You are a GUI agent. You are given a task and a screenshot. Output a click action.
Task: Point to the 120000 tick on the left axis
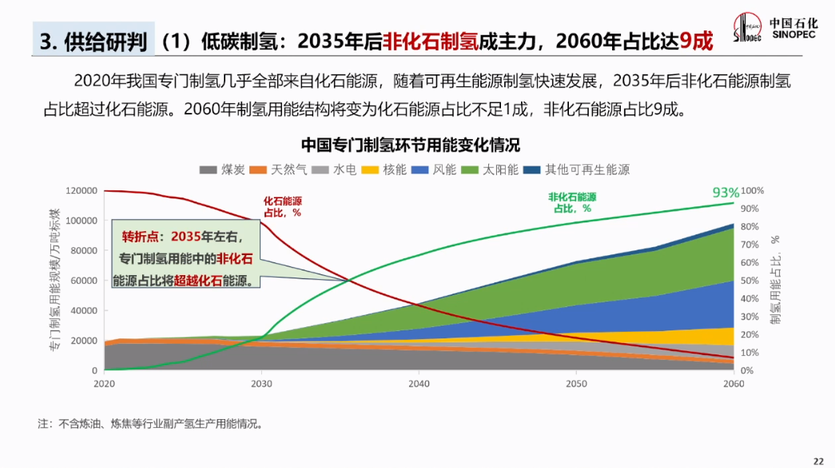coord(82,190)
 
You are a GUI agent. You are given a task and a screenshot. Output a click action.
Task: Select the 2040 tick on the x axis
coord(419,384)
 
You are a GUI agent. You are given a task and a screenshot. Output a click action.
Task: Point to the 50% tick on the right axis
coord(753,281)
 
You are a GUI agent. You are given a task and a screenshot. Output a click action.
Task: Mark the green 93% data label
coord(726,193)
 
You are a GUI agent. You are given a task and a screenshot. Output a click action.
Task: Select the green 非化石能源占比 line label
coord(572,202)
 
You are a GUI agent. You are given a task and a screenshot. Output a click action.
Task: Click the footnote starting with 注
coord(150,423)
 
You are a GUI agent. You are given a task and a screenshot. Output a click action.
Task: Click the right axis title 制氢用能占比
coord(774,280)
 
